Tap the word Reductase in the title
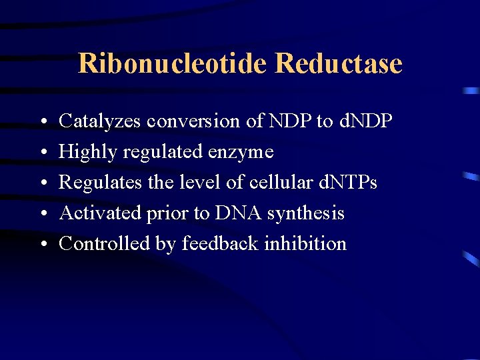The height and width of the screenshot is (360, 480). point(338,64)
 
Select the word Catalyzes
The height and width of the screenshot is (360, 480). point(101,121)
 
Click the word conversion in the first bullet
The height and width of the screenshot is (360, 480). point(189,121)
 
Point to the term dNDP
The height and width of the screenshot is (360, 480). point(365,121)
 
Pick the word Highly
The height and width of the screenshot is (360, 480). point(81,152)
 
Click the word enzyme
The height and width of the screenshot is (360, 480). point(241,152)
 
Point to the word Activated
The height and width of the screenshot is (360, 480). point(97,213)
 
